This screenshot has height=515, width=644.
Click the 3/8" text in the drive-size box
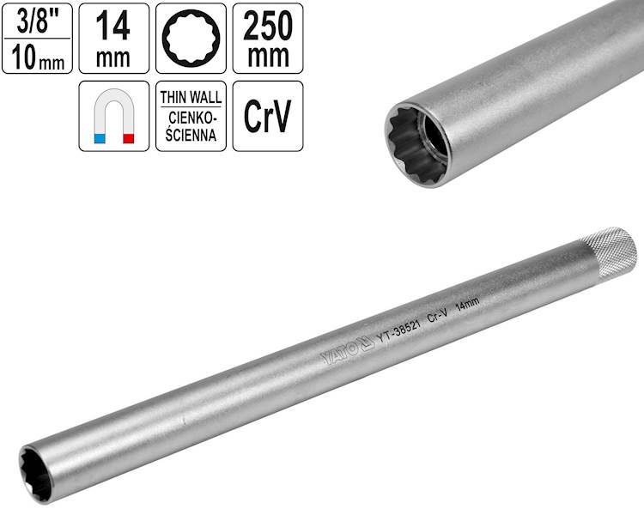click(x=38, y=21)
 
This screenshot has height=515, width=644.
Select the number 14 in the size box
click(x=113, y=27)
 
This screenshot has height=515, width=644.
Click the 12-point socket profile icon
click(x=191, y=38)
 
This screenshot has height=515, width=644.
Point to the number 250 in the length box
click(x=268, y=27)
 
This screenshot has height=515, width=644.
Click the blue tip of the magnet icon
click(x=100, y=138)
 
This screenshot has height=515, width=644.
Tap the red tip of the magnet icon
click(x=129, y=138)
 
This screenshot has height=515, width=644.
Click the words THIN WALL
click(x=191, y=98)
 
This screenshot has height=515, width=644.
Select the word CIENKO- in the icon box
click(x=191, y=118)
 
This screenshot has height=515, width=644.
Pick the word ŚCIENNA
click(x=191, y=135)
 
